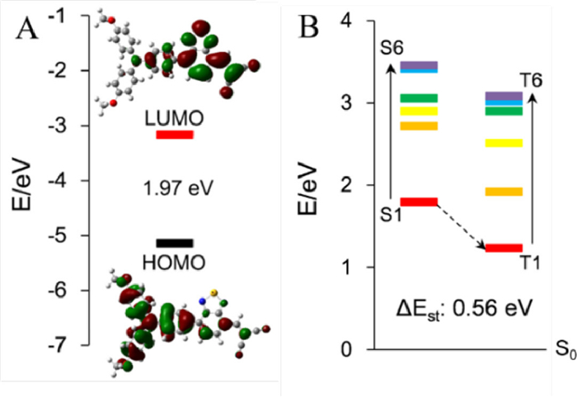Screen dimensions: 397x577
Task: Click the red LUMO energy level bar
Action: (175, 135)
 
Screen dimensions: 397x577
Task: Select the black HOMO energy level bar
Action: (175, 243)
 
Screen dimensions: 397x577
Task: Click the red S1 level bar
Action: (418, 201)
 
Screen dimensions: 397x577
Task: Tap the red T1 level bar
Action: (504, 248)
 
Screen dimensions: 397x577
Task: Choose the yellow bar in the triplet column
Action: (504, 143)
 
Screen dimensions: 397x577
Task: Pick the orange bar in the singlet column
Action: (418, 126)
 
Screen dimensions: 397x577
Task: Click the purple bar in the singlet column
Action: (418, 64)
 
